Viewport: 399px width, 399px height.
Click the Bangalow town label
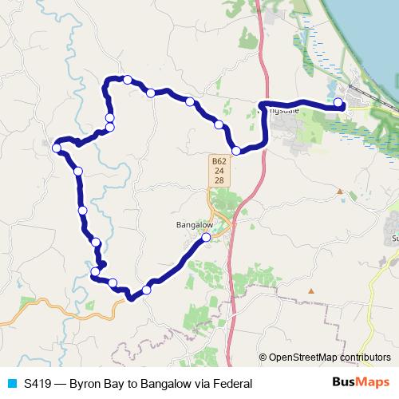[192, 225]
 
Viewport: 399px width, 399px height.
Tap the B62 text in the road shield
[219, 160]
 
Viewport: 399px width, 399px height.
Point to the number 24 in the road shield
[219, 170]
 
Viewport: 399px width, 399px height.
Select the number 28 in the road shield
[219, 180]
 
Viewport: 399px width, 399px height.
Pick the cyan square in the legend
[11, 384]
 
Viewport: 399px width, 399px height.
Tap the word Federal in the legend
[231, 384]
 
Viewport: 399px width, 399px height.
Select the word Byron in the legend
[85, 384]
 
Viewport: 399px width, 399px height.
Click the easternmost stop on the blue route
[338, 102]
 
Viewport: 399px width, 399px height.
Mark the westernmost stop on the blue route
[57, 148]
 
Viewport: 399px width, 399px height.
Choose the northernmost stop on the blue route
[128, 79]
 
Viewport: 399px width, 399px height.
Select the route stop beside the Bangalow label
[206, 237]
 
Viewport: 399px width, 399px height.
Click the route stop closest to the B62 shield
[236, 150]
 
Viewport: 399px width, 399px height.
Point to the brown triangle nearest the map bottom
[311, 290]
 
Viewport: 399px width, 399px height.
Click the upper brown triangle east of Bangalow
[339, 192]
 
